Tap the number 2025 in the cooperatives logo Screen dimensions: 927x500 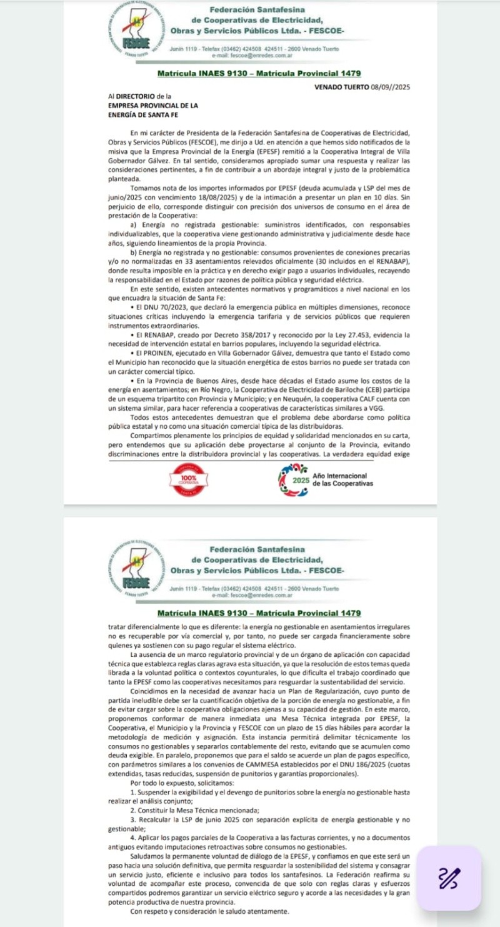click(301, 482)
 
